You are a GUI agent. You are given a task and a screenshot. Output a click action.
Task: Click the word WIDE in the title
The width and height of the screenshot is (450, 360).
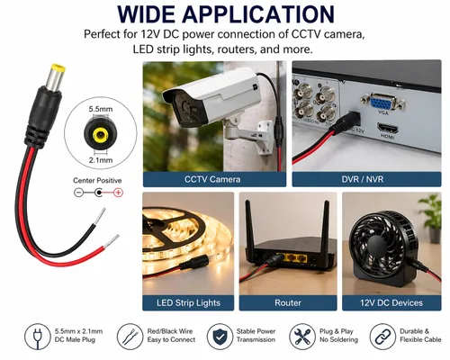(x=146, y=14)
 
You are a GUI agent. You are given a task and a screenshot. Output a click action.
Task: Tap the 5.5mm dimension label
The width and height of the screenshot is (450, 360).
(x=101, y=109)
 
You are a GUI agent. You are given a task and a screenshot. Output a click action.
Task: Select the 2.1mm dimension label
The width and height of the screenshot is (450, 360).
(x=101, y=160)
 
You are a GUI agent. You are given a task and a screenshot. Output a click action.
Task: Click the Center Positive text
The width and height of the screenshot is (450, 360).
(x=97, y=180)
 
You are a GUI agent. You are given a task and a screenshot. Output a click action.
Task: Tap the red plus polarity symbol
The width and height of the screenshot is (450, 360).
(x=119, y=193)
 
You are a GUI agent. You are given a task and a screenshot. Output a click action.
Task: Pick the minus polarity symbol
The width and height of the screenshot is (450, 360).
(x=78, y=193)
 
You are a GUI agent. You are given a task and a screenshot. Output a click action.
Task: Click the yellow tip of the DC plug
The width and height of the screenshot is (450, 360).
(x=58, y=67)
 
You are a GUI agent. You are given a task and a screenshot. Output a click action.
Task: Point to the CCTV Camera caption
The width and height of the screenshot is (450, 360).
(x=212, y=179)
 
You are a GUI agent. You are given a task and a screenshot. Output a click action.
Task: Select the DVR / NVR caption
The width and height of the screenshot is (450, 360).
(x=363, y=179)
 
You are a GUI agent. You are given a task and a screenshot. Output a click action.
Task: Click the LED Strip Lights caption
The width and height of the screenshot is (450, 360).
(x=188, y=302)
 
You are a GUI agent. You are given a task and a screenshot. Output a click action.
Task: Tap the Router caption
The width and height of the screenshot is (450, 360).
(x=288, y=302)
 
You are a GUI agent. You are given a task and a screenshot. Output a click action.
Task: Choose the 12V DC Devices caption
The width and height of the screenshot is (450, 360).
(x=391, y=302)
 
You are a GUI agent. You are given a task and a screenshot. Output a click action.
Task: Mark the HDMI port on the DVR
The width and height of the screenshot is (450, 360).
(x=387, y=128)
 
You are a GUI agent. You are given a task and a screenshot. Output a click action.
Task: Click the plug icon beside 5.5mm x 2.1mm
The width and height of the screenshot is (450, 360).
(x=38, y=337)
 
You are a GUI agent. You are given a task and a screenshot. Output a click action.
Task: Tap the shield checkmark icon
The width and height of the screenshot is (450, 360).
(x=220, y=337)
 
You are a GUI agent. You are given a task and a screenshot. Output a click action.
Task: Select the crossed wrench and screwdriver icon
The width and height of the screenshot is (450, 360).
(x=302, y=337)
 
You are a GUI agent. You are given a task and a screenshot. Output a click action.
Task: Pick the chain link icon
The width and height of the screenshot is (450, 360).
(x=382, y=337)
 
